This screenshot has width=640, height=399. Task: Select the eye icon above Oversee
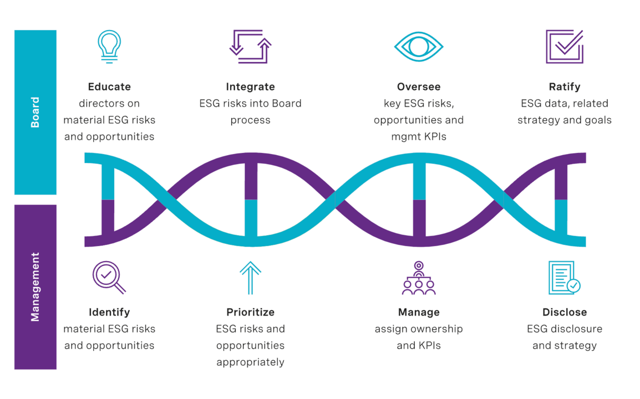click(419, 47)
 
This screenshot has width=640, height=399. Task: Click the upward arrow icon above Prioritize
click(250, 278)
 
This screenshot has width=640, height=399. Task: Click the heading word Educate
click(109, 86)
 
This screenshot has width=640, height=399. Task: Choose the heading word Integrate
click(250, 87)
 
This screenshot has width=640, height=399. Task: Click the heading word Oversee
click(419, 86)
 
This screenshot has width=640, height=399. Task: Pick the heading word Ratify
click(565, 87)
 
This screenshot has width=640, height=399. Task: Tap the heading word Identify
click(109, 313)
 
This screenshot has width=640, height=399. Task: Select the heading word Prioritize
click(250, 312)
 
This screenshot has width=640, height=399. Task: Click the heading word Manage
click(419, 313)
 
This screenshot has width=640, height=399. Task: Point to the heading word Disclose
click(565, 312)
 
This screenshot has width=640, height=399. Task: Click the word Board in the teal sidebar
click(35, 112)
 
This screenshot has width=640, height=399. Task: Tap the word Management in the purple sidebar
click(35, 287)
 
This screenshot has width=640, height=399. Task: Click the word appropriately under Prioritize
click(250, 362)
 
